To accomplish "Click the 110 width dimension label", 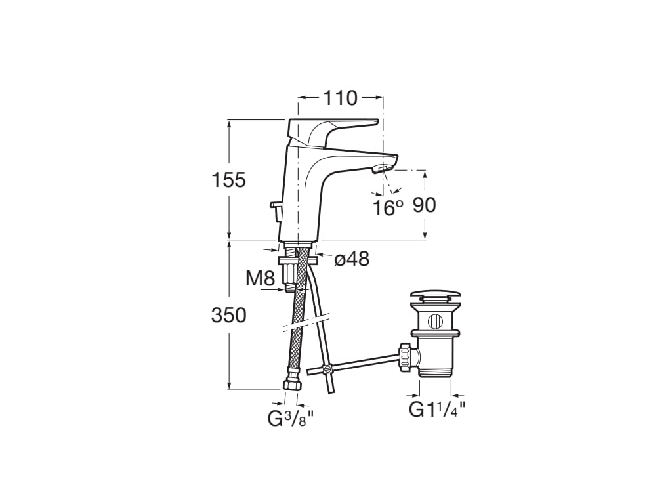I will pyautogui.click(x=340, y=98).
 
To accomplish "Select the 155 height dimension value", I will pyautogui.click(x=228, y=179).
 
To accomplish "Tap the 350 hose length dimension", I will pyautogui.click(x=228, y=315).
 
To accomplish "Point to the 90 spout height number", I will pyautogui.click(x=424, y=205).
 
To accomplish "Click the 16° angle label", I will pyautogui.click(x=387, y=208).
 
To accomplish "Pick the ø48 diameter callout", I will pyautogui.click(x=352, y=259).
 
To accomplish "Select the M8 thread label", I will pyautogui.click(x=260, y=278).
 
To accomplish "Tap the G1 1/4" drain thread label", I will pyautogui.click(x=436, y=409).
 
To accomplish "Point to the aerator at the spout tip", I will pyautogui.click(x=381, y=170).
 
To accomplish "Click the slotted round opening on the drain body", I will pyautogui.click(x=434, y=322).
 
